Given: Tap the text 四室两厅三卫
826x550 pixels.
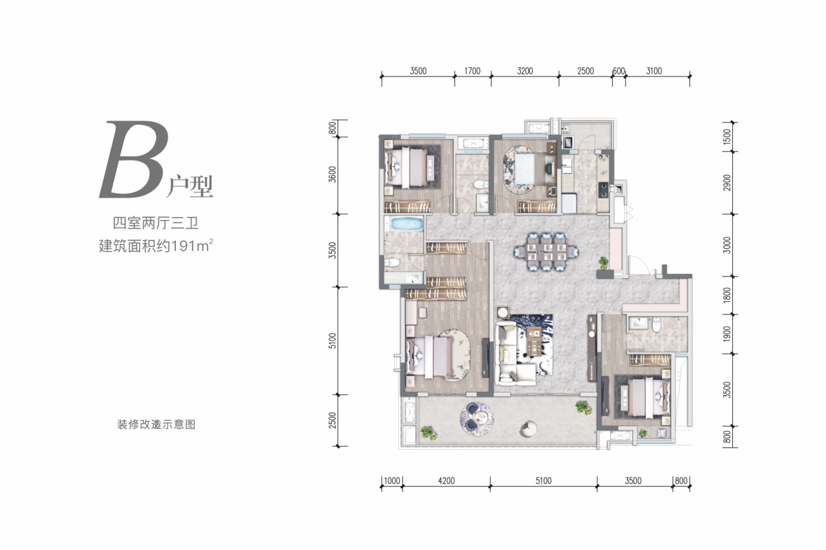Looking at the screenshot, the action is pos(156,223).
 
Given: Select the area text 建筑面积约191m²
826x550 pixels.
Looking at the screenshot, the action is pos(156,246).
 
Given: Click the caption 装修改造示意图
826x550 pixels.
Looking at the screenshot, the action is pos(156,424).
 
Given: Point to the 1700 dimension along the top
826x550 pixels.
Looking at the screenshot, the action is pos(473,71).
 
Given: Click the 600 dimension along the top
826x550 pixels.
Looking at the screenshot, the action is pos(619,71).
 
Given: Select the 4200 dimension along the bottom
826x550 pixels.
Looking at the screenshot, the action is pos(446,481).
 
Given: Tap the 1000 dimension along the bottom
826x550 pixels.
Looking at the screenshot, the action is pos(392,481).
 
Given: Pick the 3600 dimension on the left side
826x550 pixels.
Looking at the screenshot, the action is pos(333,174).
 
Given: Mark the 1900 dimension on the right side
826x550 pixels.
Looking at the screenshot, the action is pos(726,334).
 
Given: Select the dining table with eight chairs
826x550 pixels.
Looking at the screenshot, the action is pos(546,251).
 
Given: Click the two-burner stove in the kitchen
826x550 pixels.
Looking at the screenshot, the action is pos(604,190).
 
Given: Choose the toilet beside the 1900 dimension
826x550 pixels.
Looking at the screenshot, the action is pos(656,325).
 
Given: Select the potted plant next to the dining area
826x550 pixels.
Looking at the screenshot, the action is pos(603,262).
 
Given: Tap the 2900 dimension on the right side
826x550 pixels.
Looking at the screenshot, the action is pos(726,183).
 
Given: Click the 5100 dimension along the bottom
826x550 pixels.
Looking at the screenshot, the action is pos(543,481).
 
